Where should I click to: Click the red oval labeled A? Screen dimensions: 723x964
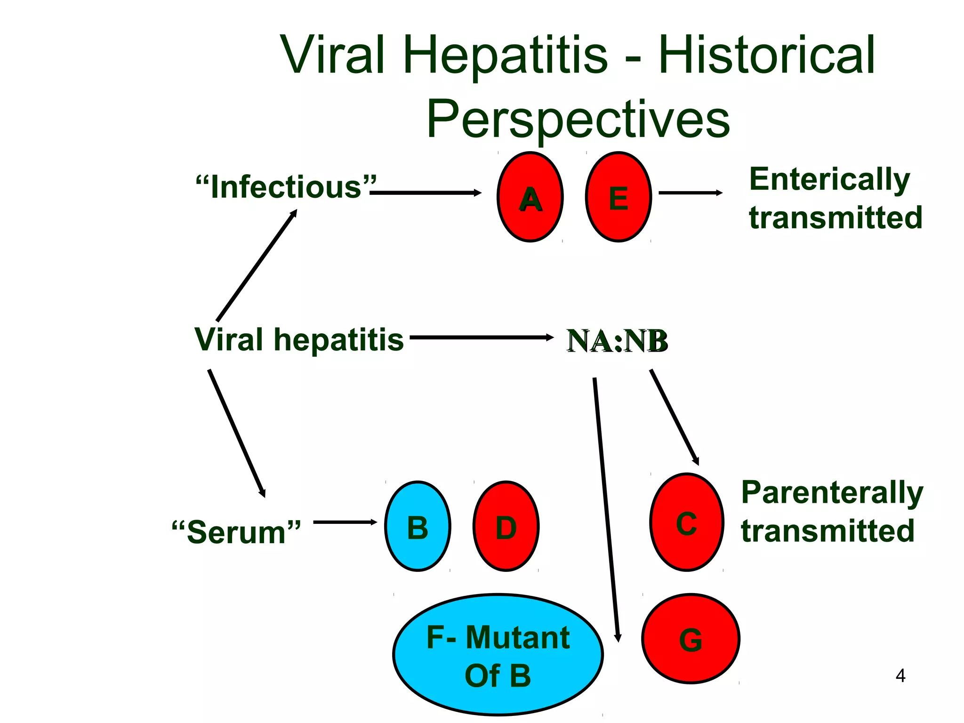[530, 197]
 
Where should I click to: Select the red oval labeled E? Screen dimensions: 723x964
[619, 197]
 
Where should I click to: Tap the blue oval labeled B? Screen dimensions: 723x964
[418, 526]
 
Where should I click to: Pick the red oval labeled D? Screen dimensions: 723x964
[506, 526]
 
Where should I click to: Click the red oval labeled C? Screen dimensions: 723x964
[687, 522]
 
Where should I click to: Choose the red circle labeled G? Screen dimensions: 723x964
[691, 639]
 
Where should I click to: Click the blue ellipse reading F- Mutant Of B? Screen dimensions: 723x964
[498, 655]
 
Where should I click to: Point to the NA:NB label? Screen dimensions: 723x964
[617, 341]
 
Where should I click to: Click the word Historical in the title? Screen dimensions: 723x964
[766, 56]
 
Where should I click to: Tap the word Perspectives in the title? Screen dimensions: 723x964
[578, 120]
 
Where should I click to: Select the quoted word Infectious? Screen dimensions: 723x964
[286, 187]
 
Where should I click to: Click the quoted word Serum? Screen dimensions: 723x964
[236, 532]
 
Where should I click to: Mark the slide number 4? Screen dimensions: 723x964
[900, 676]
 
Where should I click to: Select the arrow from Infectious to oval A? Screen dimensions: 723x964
[426, 193]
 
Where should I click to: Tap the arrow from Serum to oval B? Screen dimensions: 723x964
[345, 522]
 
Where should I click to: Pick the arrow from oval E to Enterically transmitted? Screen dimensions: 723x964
[690, 193]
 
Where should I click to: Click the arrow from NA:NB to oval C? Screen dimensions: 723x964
[674, 417]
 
